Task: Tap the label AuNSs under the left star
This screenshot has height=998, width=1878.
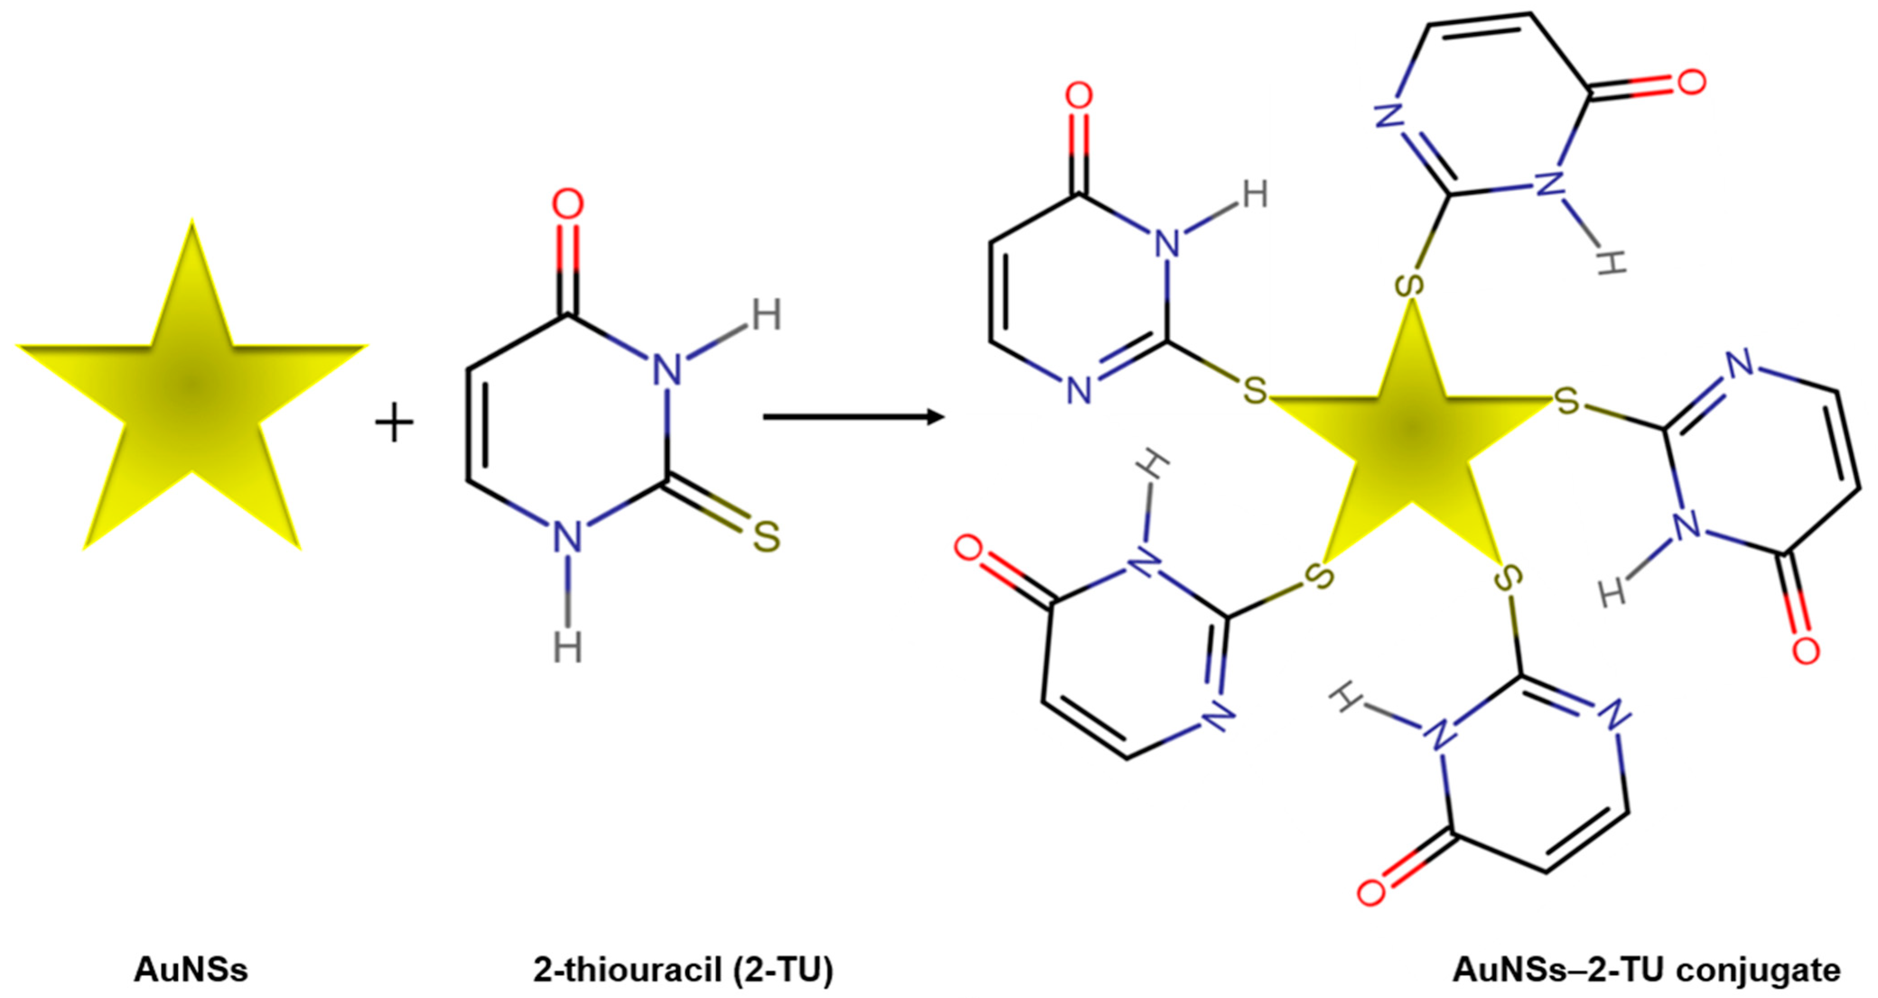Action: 191,971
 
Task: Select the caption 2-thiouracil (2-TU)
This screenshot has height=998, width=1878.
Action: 683,971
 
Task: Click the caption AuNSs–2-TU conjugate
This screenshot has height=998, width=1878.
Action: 1646,971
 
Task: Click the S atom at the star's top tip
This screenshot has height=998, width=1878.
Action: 1412,285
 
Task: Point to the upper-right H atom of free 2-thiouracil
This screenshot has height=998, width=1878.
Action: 766,316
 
